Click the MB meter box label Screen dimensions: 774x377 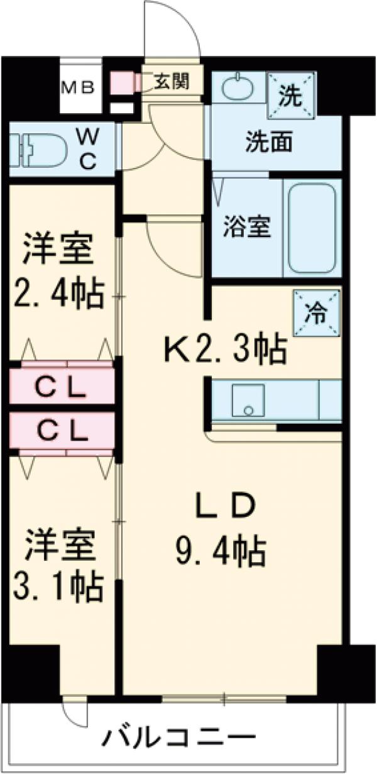[77, 87]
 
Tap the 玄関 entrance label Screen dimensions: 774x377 [170, 82]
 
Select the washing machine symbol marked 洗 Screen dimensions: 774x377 [290, 96]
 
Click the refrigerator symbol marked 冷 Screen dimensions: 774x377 [317, 313]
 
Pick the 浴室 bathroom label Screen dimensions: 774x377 [247, 226]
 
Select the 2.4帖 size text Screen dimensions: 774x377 [58, 293]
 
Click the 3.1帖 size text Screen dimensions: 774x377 [58, 585]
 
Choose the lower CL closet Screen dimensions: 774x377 [60, 431]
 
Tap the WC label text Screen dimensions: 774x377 [87, 148]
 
